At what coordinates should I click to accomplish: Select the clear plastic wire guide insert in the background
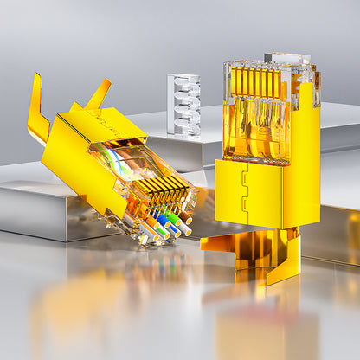coord(183,103)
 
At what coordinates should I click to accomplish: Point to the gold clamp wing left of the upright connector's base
coord(222,242)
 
